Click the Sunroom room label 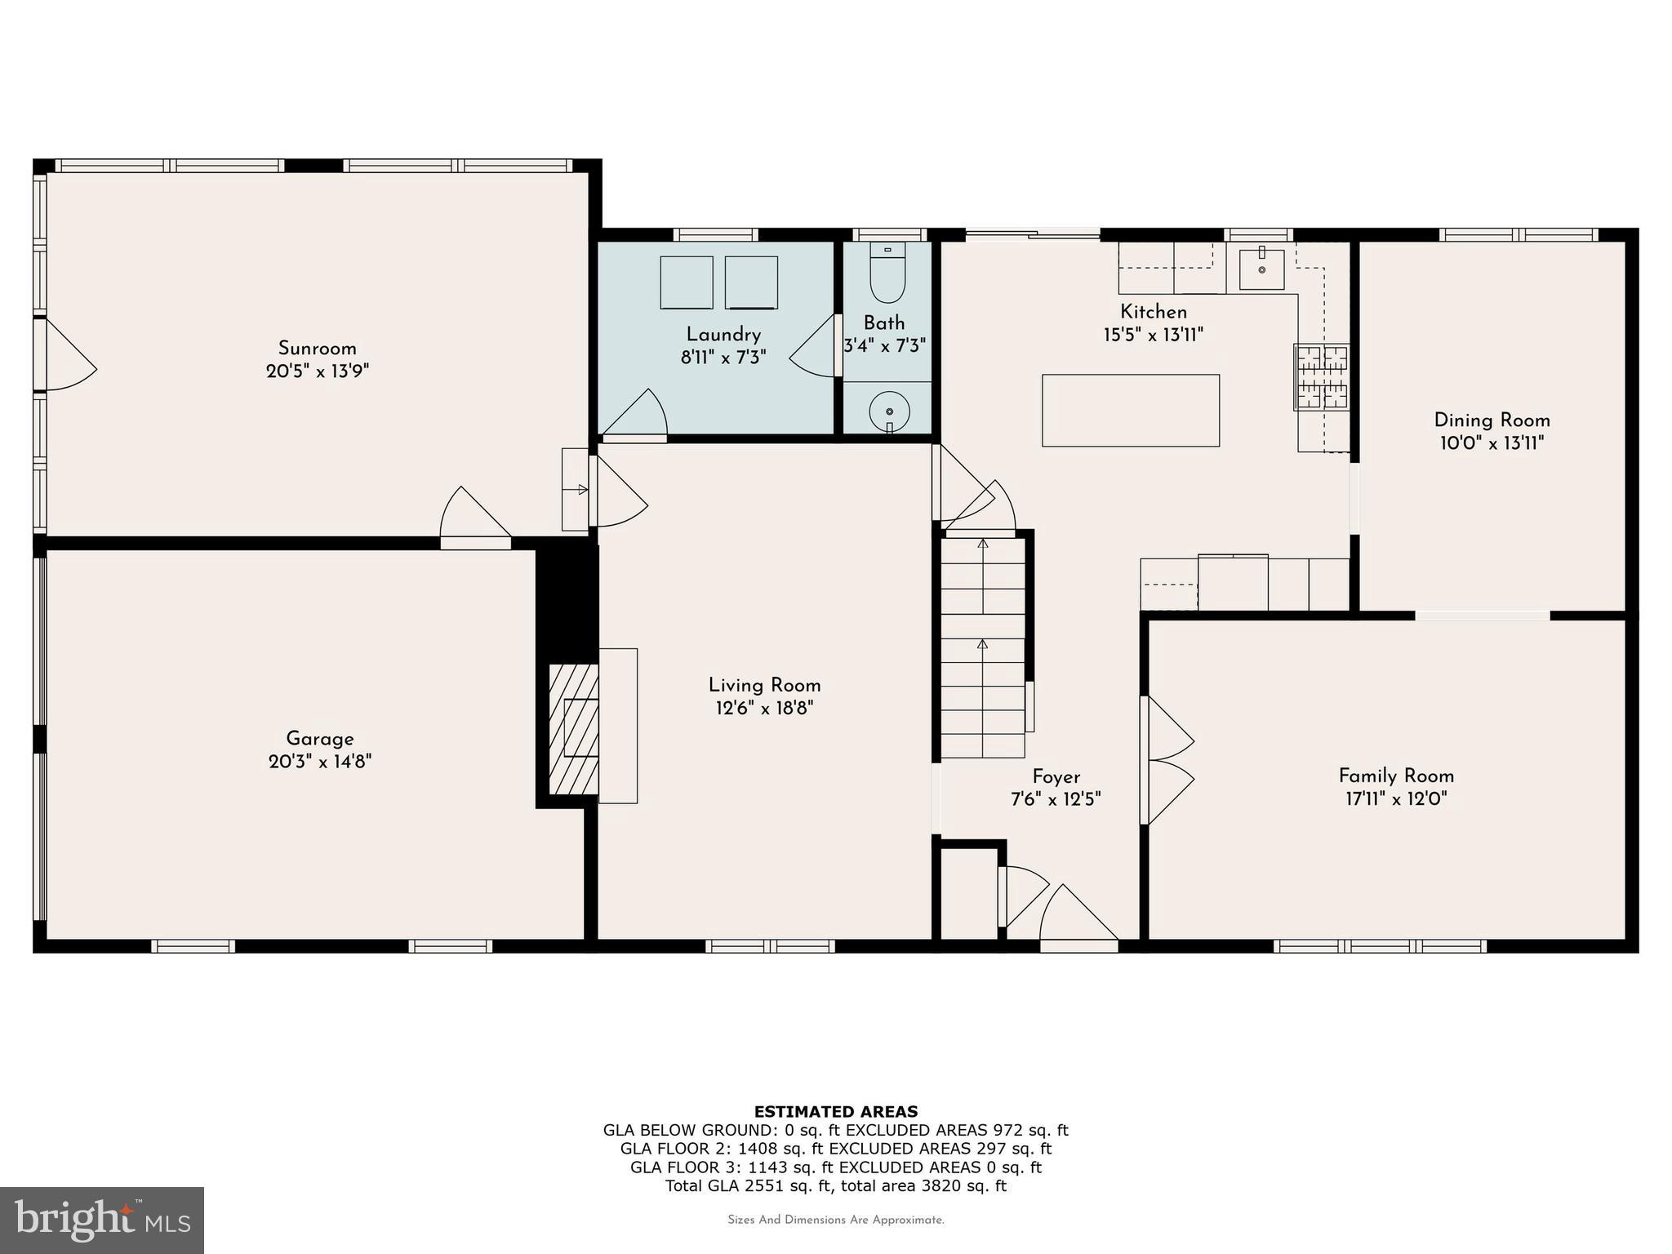point(317,349)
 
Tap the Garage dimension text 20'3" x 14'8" point(320,762)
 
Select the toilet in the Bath point(887,273)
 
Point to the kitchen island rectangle point(1131,411)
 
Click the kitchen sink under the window point(1261,269)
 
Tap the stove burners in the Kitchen point(1321,376)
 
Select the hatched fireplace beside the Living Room point(574,729)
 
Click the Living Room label point(764,686)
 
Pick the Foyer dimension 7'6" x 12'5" point(1056,799)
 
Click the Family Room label point(1396,776)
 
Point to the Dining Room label point(1492,420)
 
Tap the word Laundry point(723,335)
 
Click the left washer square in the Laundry point(687,282)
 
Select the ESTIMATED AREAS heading point(836,1111)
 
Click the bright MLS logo point(102,1220)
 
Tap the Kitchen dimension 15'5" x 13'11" point(1154,335)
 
